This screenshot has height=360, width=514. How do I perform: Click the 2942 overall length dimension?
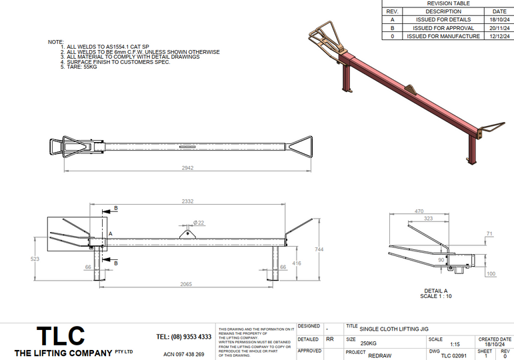pos(187,169)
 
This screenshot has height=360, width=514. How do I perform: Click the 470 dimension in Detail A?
pos(419,211)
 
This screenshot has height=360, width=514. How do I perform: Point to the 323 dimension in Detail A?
pos(429,219)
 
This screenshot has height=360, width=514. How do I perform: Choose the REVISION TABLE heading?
pos(447,3)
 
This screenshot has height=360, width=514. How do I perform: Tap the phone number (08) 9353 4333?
pos(183,337)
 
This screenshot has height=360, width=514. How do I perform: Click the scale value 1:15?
pos(455,344)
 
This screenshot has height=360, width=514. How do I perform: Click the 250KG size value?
pos(368,344)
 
